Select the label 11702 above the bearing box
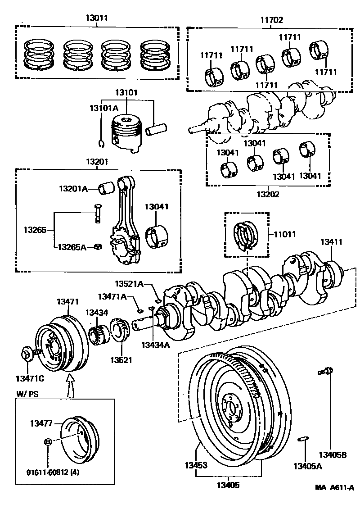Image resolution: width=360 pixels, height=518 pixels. coord(271,19)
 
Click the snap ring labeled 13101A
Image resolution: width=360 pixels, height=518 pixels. coord(102,144)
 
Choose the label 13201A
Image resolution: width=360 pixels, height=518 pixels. coord(73,188)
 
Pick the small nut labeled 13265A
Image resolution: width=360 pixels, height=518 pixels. coord(98,246)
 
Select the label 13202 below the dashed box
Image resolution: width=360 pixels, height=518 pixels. coord(268,195)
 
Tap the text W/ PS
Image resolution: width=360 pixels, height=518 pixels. coord(28,394)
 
